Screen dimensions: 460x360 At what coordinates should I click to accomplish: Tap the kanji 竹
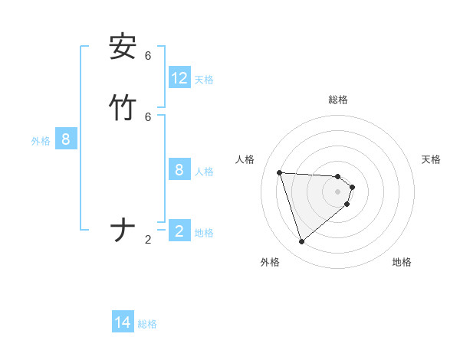[x=123, y=107]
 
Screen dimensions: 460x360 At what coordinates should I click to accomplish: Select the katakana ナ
[x=123, y=231]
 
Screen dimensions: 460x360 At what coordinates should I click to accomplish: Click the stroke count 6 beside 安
[x=148, y=55]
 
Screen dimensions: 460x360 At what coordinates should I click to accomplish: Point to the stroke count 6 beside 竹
[x=148, y=116]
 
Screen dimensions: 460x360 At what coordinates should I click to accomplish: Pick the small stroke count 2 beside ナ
[x=148, y=240]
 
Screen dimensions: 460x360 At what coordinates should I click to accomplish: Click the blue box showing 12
[x=179, y=78]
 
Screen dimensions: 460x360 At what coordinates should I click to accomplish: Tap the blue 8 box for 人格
[x=179, y=169]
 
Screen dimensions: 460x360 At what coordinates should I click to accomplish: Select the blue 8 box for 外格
[x=66, y=139]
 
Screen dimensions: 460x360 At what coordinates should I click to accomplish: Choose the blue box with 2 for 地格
[x=179, y=231]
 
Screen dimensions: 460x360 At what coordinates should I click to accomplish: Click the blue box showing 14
[x=123, y=323]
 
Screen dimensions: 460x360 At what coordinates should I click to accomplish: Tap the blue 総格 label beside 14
[x=147, y=324]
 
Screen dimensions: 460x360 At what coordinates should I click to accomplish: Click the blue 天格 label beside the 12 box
[x=204, y=80]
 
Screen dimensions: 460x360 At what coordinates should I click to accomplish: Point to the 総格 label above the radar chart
[x=338, y=100]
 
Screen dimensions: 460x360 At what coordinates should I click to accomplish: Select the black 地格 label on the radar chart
[x=402, y=262]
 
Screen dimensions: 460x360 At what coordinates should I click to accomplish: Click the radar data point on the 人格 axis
[x=280, y=172]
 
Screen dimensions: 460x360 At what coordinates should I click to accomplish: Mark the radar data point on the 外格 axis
[x=302, y=242]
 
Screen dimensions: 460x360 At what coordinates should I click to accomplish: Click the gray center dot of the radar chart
[x=338, y=202]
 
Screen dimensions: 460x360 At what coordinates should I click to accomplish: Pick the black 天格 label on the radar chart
[x=431, y=159]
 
